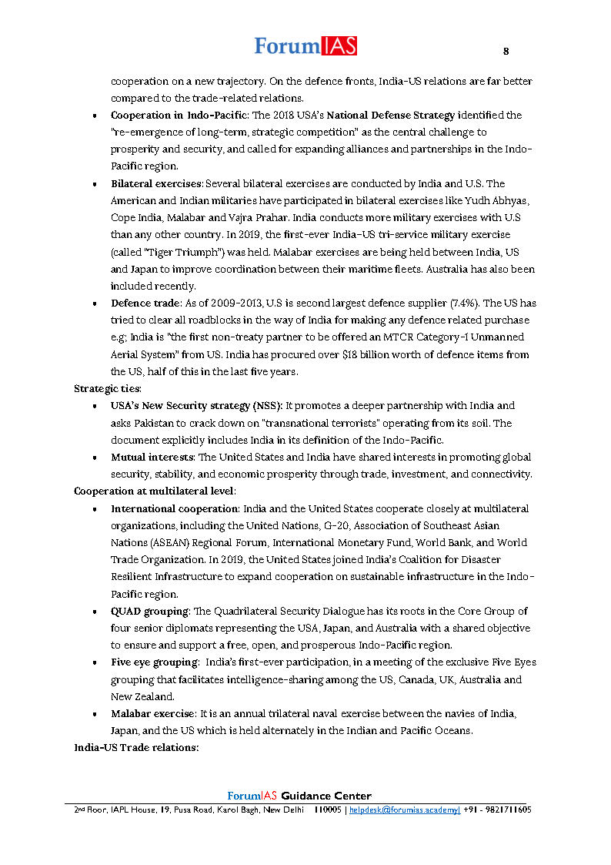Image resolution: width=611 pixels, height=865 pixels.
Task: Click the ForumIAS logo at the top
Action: click(305, 46)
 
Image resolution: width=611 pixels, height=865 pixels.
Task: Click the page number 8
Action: click(506, 52)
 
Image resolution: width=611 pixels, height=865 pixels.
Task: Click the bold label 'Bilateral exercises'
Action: click(156, 183)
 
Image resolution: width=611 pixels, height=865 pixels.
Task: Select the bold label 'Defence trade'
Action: click(144, 303)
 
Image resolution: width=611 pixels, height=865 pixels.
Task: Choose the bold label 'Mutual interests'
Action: click(150, 457)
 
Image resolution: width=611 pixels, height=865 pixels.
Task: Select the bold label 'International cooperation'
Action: click(175, 508)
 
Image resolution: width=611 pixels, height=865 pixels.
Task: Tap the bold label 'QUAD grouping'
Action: click(149, 611)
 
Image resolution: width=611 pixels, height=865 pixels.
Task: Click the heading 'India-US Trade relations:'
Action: click(136, 747)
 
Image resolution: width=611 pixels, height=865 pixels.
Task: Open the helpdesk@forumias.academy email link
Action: click(405, 810)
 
